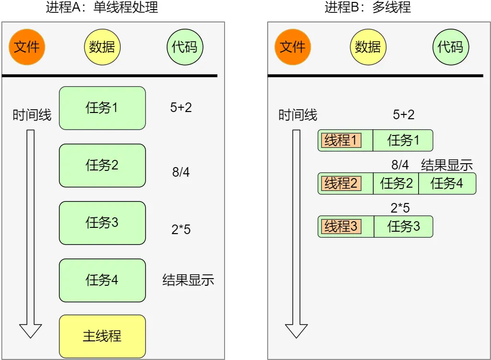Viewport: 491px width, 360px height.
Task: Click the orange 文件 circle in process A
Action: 27,46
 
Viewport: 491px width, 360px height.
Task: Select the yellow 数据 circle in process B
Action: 368,46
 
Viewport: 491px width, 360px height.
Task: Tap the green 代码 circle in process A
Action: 185,46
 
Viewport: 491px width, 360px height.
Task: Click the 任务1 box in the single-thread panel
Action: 102,108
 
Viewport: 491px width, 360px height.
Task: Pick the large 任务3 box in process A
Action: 102,223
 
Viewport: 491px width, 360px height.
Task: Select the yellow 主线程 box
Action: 102,336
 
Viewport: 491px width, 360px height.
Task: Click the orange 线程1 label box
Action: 341,141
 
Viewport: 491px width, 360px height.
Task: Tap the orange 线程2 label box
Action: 341,183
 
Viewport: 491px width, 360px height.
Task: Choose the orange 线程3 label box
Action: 341,226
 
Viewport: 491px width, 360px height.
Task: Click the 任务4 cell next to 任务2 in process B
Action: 447,183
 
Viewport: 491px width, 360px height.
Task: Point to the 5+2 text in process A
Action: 181,108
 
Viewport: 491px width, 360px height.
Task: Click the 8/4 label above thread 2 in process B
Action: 400,166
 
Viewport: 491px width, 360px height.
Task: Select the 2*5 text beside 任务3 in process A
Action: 181,230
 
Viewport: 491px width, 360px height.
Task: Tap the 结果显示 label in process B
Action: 447,166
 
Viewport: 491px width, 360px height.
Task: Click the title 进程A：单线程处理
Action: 102,7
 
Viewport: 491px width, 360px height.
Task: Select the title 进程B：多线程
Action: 368,7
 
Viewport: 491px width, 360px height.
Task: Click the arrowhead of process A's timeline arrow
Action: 30,330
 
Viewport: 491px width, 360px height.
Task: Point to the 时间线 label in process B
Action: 298,115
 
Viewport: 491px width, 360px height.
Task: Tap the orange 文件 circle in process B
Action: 293,46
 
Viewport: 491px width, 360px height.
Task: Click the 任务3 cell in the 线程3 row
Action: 403,226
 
